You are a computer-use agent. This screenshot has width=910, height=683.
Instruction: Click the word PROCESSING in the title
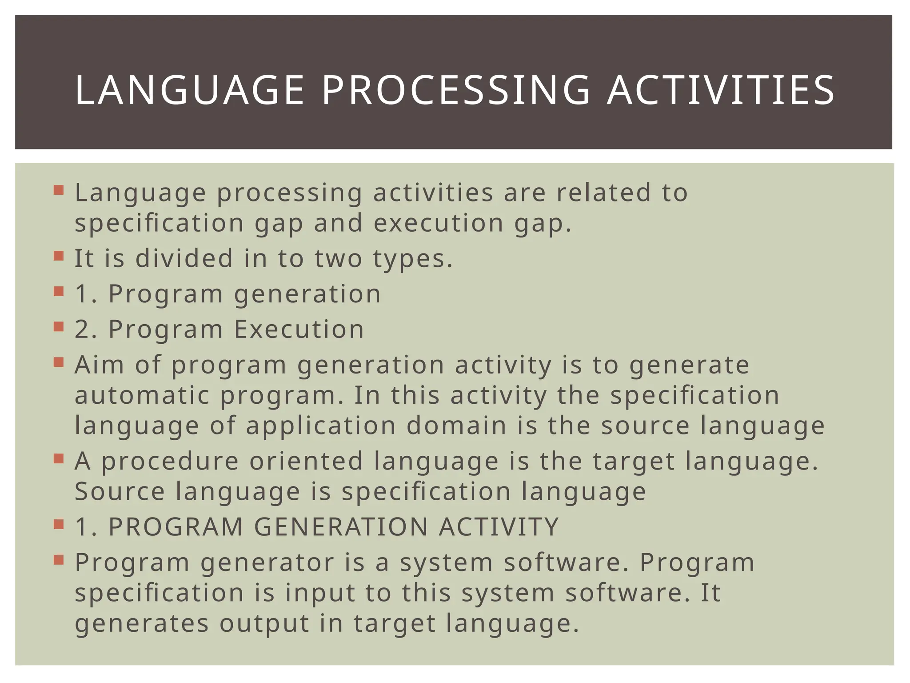pyautogui.click(x=455, y=91)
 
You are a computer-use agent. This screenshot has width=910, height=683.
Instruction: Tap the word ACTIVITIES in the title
pyautogui.click(x=721, y=91)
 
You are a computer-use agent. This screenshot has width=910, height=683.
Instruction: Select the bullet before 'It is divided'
pyautogui.click(x=59, y=257)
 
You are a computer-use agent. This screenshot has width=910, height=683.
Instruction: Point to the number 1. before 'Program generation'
pyautogui.click(x=86, y=294)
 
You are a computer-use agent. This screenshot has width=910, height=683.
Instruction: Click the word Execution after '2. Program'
pyautogui.click(x=299, y=329)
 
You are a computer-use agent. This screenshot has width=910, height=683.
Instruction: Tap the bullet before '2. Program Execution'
pyautogui.click(x=59, y=327)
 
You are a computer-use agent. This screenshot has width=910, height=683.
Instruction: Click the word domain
pyautogui.click(x=456, y=426)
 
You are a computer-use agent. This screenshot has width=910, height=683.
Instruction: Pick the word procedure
pyautogui.click(x=170, y=461)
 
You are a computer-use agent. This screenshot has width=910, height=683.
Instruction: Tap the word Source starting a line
pyautogui.click(x=120, y=491)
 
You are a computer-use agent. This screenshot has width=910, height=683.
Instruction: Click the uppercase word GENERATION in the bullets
pyautogui.click(x=341, y=527)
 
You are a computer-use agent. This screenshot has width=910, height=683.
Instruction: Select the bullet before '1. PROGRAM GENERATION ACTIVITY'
pyautogui.click(x=59, y=525)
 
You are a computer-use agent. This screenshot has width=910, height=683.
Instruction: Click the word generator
pyautogui.click(x=267, y=563)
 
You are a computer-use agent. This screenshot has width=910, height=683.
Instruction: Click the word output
pyautogui.click(x=264, y=623)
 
